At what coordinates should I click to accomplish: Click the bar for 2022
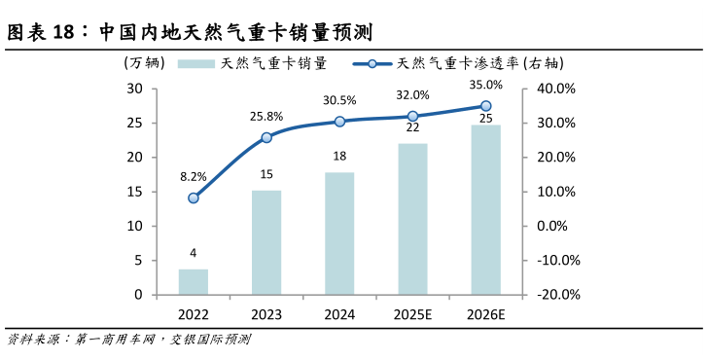[x=194, y=281]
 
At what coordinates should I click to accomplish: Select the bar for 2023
[x=266, y=242]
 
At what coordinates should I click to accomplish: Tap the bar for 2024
[x=339, y=234]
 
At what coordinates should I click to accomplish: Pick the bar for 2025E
[x=412, y=219]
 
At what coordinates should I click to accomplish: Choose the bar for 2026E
[x=485, y=209]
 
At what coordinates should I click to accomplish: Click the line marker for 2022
[x=194, y=198]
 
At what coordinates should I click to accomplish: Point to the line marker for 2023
[x=266, y=137]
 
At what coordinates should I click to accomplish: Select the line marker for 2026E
[x=485, y=106]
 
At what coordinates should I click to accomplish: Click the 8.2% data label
[x=194, y=177]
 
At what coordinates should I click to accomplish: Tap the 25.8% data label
[x=266, y=117]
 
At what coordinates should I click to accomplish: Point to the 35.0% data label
[x=485, y=85]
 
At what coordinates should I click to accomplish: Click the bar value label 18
[x=339, y=157]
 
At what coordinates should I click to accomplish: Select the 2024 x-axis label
[x=339, y=315]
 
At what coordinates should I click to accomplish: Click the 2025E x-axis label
[x=412, y=315]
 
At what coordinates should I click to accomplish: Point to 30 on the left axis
[x=134, y=89]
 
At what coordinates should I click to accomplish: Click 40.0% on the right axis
[x=557, y=89]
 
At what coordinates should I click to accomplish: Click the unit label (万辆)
[x=145, y=63]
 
